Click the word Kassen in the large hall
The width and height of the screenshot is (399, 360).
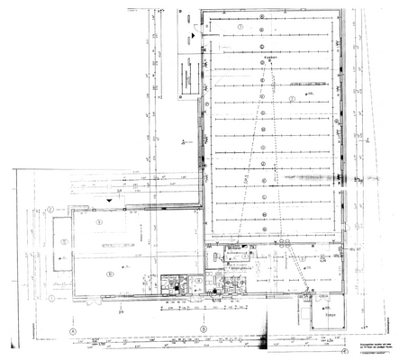268,57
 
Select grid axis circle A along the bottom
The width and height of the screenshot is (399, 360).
70,329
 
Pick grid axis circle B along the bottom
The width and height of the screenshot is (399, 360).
204,329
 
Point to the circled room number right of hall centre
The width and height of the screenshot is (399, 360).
293,96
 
